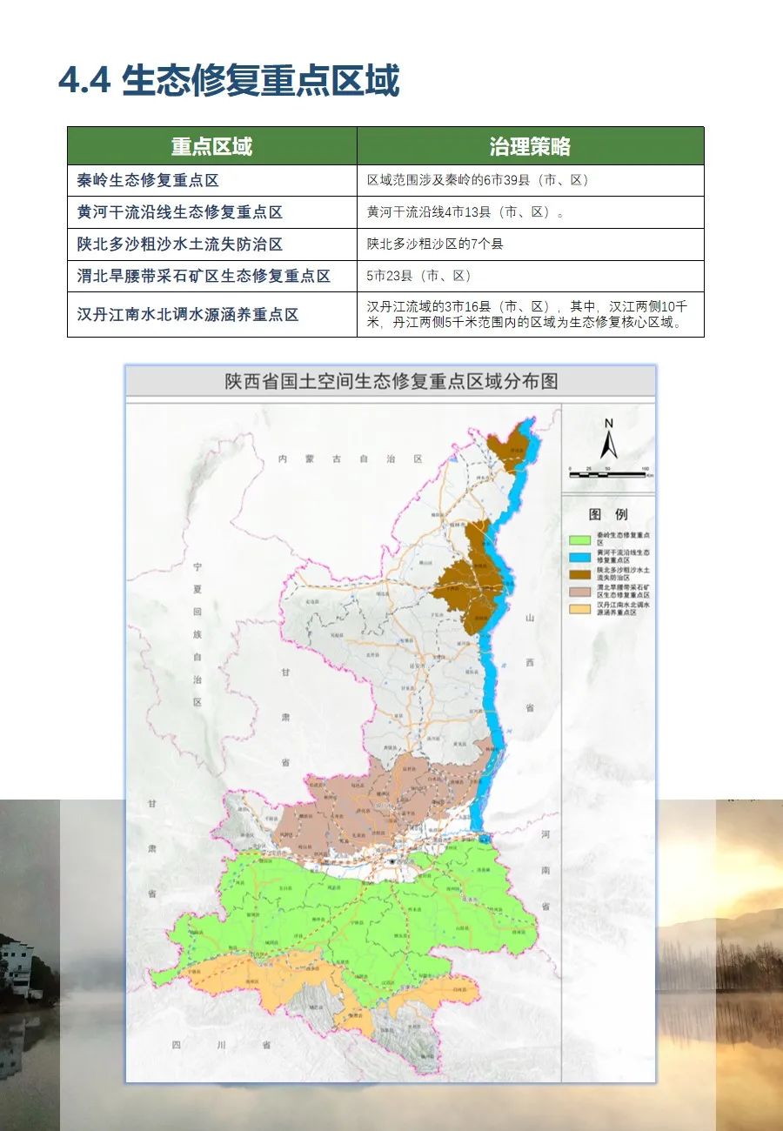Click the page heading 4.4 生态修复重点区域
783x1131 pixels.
tap(229, 81)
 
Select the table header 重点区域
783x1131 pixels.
tap(211, 146)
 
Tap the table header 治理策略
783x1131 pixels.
tap(530, 146)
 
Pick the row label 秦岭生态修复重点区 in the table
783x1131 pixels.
tap(147, 180)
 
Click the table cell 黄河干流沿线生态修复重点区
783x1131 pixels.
tap(179, 212)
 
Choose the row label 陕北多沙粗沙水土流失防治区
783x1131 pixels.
tap(179, 244)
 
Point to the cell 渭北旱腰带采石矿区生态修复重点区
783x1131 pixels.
tap(204, 276)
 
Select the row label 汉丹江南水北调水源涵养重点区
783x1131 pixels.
tap(187, 314)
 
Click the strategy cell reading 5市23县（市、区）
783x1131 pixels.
tap(418, 276)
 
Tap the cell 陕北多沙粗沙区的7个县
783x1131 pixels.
tap(435, 244)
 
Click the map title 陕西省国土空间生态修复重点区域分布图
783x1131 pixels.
tap(391, 381)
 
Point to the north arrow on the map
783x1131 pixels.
tap(609, 439)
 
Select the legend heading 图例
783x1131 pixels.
tap(608, 514)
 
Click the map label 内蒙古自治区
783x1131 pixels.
tap(350, 458)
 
